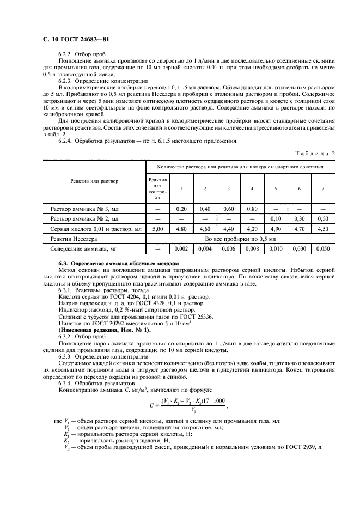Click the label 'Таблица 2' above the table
pos(315,153)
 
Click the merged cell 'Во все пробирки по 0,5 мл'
pos(240,239)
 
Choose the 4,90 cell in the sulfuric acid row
pos(276,229)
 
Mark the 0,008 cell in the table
pos(252,249)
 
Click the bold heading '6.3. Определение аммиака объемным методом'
pos(118,263)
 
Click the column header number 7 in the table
pos(323,189)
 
